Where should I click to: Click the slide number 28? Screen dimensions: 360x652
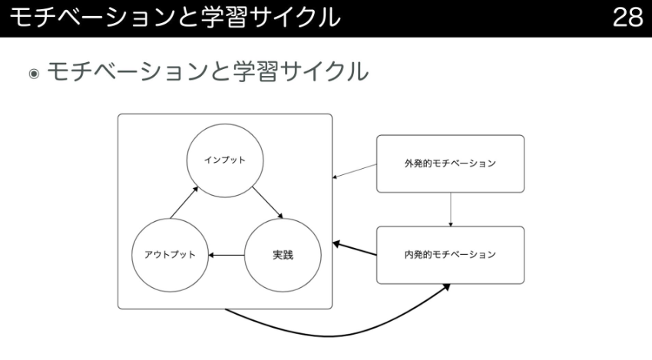click(x=627, y=18)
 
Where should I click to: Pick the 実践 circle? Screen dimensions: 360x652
click(x=282, y=254)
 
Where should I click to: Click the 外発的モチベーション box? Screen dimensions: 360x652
click(x=450, y=163)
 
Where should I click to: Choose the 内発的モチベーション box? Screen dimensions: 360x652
click(x=450, y=254)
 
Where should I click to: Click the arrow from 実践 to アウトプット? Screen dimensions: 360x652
click(x=228, y=254)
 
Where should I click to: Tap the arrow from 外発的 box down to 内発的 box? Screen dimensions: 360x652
click(x=451, y=209)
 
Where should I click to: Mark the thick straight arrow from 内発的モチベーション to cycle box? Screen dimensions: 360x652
click(x=354, y=249)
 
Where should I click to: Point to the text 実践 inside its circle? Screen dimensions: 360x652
click(x=282, y=254)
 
